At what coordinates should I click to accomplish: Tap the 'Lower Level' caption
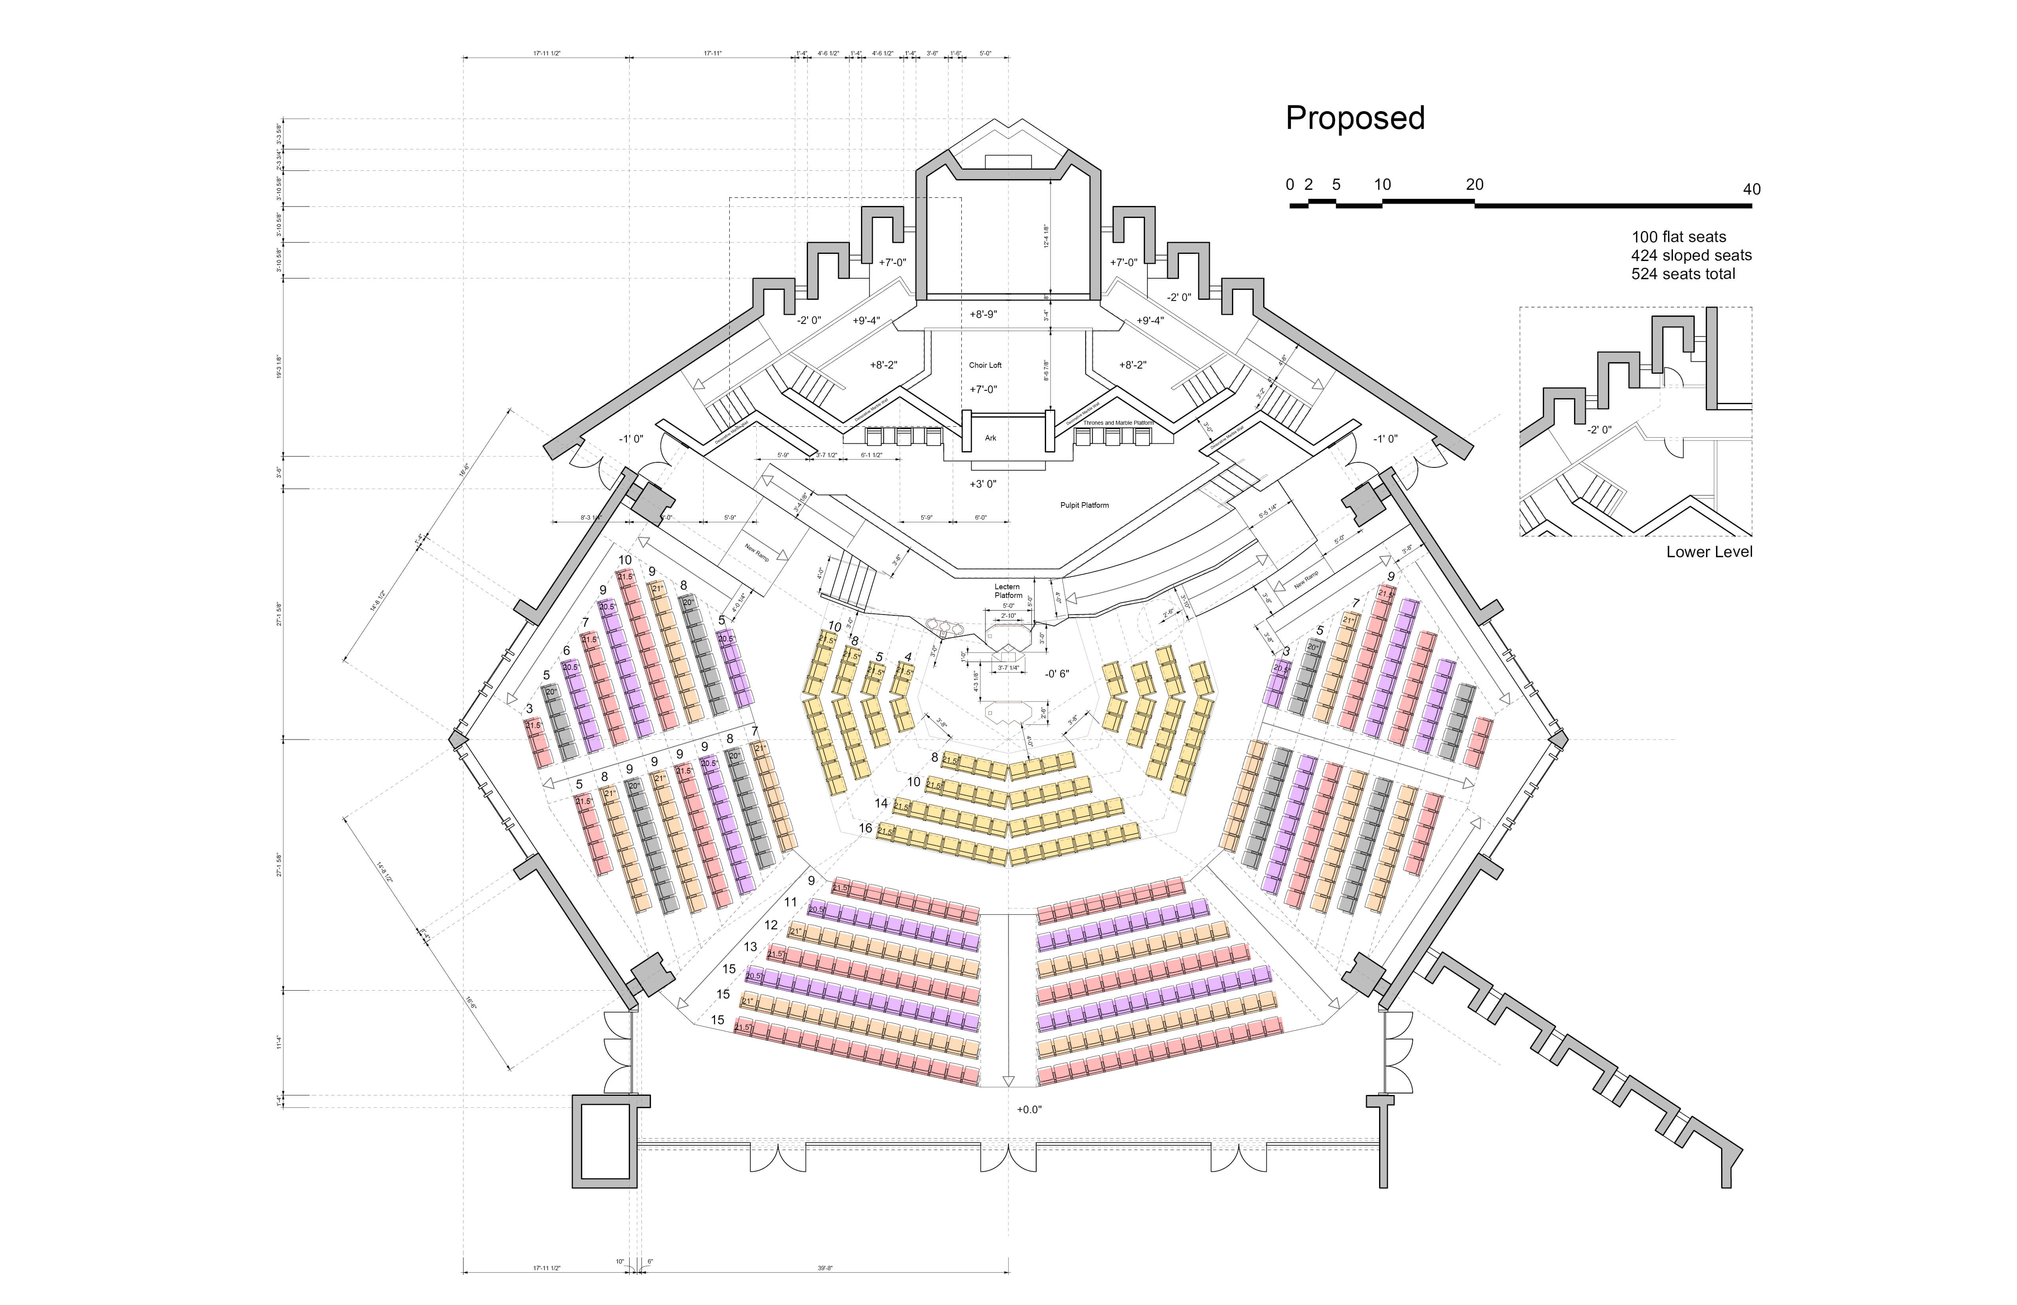(1709, 552)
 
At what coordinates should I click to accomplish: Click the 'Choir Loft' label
(985, 365)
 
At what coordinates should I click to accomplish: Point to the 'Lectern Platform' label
(1007, 591)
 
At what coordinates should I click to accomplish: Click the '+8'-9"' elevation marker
(983, 314)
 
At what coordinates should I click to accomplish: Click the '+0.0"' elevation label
(1029, 1109)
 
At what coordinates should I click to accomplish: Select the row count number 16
(865, 828)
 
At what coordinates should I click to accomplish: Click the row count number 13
(750, 947)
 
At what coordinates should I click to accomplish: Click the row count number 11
(791, 902)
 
